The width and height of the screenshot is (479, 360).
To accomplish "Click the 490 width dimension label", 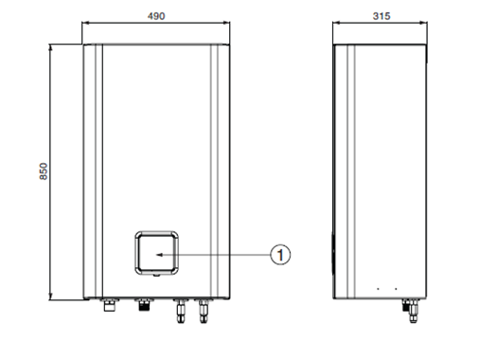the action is (156, 16).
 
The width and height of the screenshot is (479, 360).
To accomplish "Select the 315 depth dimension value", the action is (381, 16).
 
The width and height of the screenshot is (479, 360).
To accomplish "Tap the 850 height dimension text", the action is (44, 171).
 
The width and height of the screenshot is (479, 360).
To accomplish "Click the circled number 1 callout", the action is (280, 255).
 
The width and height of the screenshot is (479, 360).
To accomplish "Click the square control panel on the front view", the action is (156, 253).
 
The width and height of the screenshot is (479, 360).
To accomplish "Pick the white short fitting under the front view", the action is (110, 305).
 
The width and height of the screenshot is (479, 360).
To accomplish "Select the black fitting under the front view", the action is (144, 304).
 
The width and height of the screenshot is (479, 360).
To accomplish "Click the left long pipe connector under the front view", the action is (180, 311).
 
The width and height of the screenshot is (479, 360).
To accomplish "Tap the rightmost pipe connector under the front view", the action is (204, 311).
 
